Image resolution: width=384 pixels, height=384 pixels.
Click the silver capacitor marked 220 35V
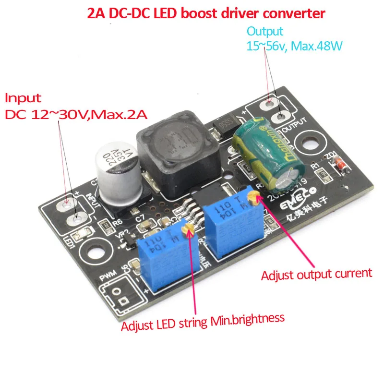coord(117,166)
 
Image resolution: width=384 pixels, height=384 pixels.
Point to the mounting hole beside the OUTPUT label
coord(306,141)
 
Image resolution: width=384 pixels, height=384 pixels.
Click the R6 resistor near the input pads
coord(102,222)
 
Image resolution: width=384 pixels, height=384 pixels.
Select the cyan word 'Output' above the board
coord(265,31)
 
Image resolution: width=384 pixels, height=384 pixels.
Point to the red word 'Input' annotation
coord(23,98)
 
